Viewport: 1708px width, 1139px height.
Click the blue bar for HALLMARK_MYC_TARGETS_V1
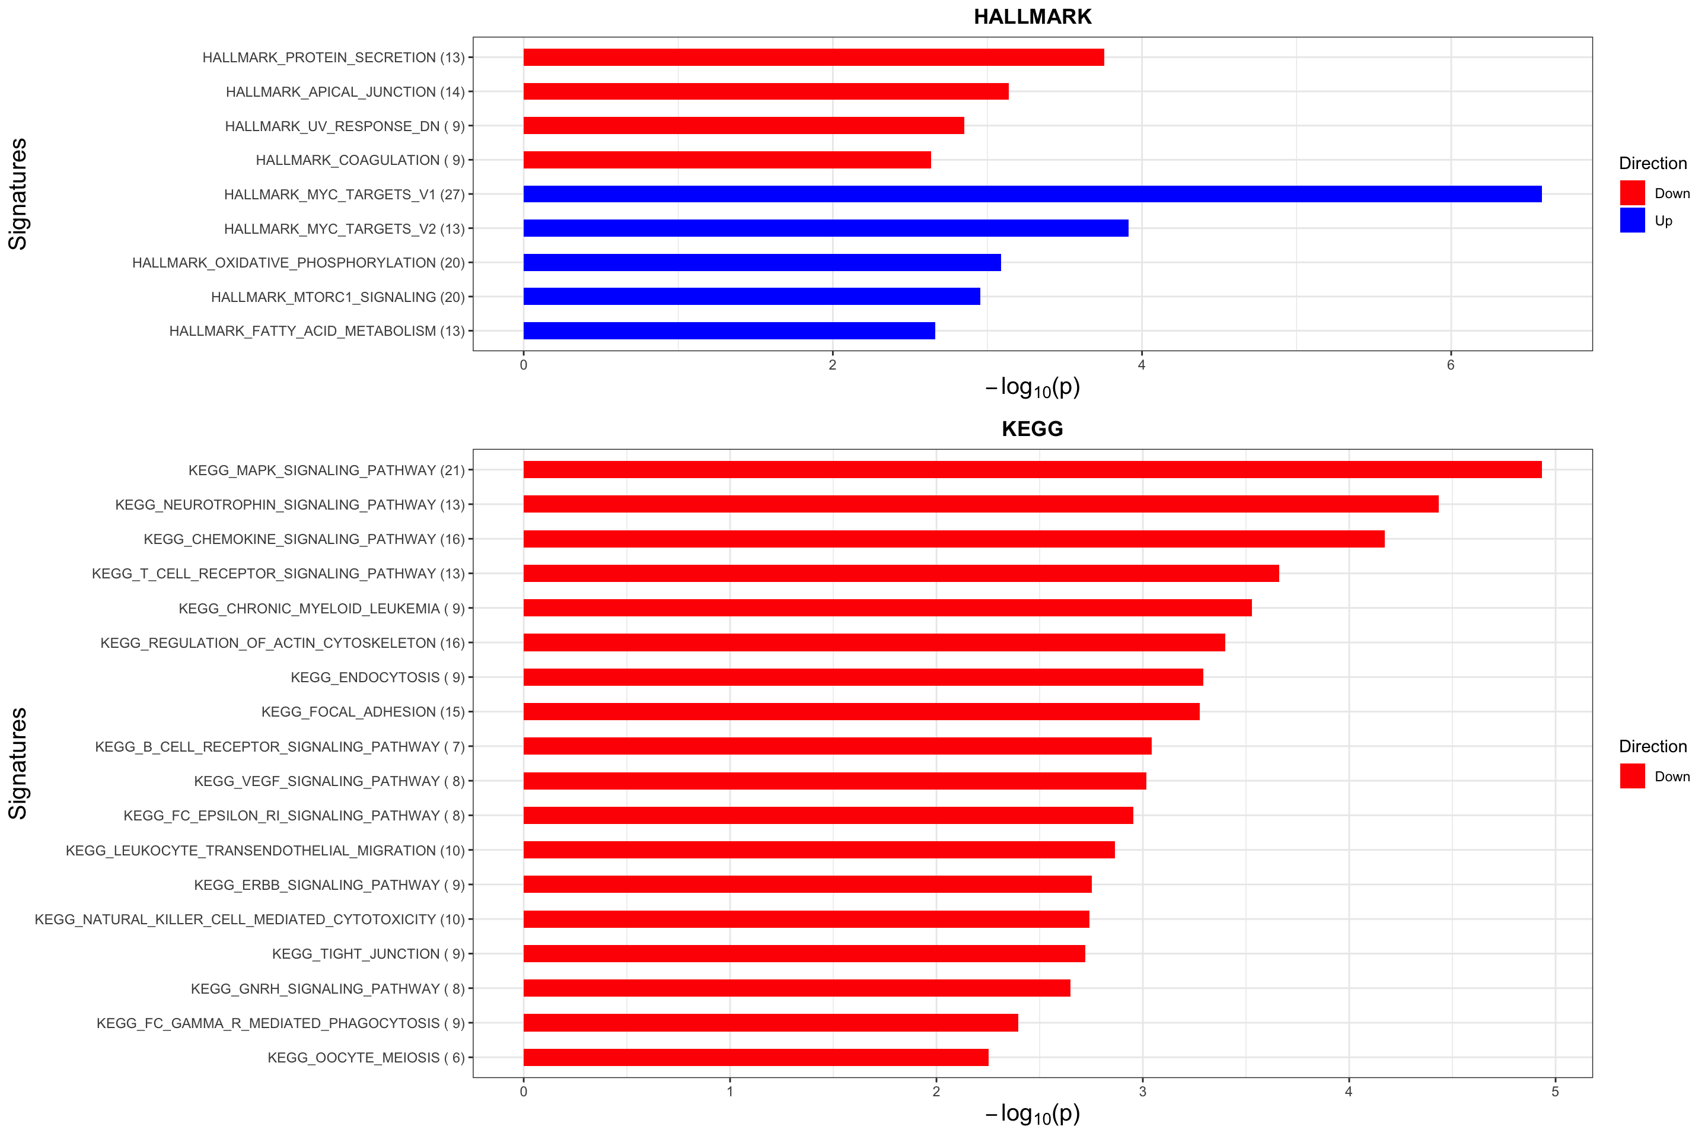point(1031,194)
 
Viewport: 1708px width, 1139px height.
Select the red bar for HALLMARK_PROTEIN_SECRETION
point(813,58)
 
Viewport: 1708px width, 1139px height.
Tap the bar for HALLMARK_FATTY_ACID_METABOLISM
point(729,330)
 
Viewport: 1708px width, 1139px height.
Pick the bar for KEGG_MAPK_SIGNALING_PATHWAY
point(1031,470)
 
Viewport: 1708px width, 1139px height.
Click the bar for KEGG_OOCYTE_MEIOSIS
point(755,1058)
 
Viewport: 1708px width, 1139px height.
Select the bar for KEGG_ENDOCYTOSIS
point(863,677)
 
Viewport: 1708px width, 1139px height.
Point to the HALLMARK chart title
point(1032,17)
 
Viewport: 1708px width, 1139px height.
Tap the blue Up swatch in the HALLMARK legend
point(1631,220)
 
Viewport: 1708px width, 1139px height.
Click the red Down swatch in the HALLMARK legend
point(1631,193)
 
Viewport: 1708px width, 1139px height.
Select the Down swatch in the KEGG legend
point(1631,776)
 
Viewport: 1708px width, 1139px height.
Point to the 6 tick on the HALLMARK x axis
point(1450,365)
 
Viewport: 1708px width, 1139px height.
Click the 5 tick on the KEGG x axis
point(1555,1092)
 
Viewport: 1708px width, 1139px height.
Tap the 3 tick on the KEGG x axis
point(1142,1092)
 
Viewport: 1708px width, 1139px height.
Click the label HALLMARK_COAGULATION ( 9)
point(359,160)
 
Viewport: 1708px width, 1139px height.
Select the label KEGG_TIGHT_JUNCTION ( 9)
point(368,954)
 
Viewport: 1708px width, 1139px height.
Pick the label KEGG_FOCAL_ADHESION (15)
point(362,712)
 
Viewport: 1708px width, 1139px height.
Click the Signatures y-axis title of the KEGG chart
point(17,763)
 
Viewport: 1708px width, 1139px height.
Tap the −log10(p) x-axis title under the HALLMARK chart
point(1032,388)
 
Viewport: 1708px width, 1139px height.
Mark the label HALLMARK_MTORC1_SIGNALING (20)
point(337,297)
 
